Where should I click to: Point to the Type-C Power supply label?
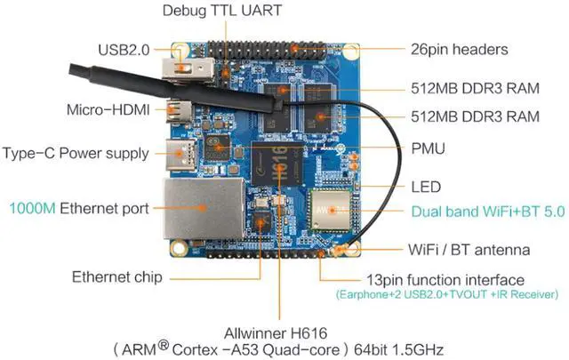click(76, 153)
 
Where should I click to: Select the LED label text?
click(427, 188)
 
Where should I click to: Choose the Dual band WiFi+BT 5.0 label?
click(487, 213)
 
